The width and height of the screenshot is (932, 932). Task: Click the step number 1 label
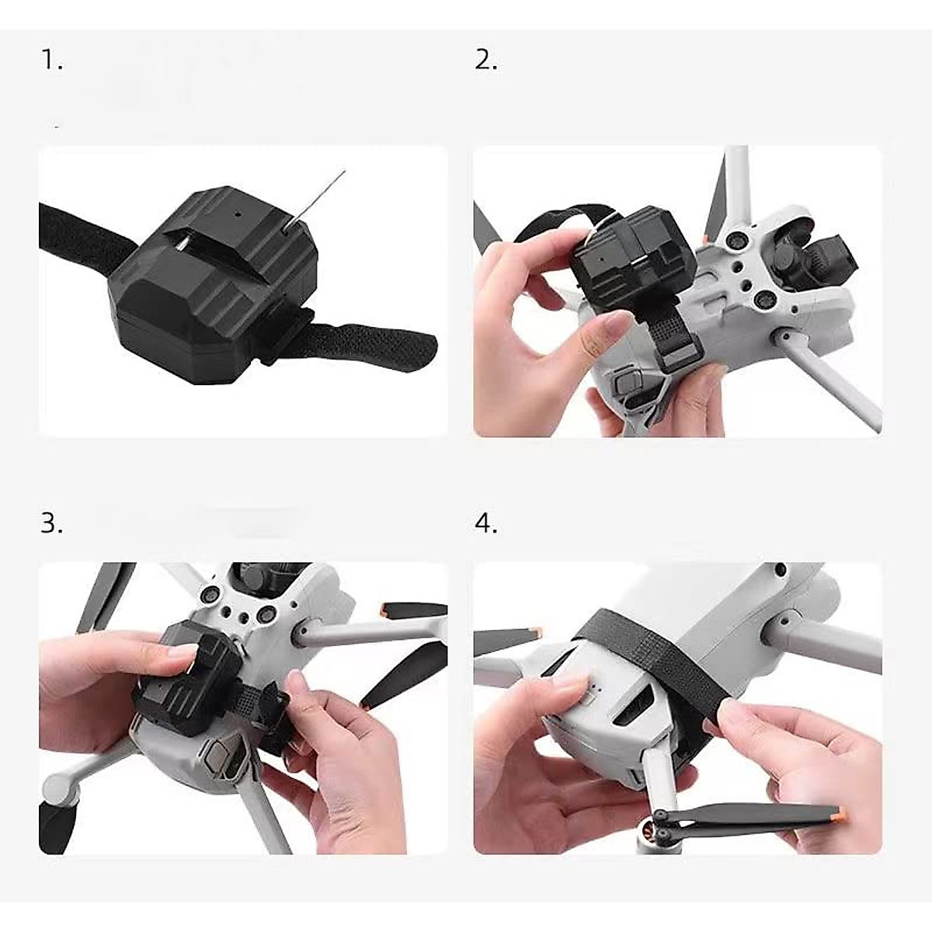pyautogui.click(x=51, y=61)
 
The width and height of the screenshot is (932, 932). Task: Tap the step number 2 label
pyautogui.click(x=485, y=61)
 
